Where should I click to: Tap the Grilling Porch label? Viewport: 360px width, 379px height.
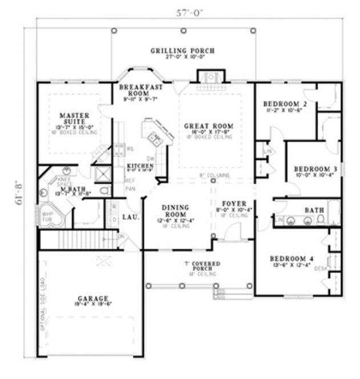pos(183,51)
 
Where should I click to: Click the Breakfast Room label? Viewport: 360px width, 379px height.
pos(134,88)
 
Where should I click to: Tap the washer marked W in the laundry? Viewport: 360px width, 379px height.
pos(115,205)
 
